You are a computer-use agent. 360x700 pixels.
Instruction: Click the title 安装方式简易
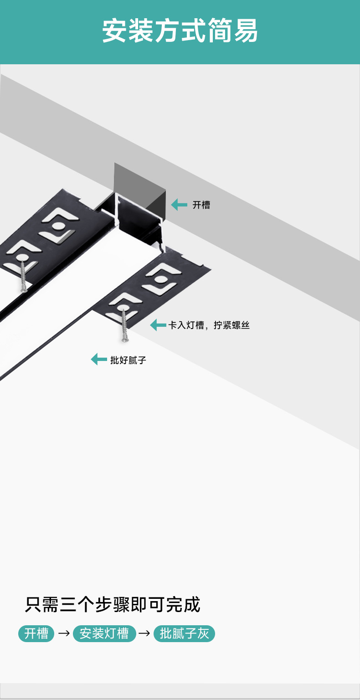click(180, 31)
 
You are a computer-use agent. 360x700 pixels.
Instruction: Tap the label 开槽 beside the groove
click(201, 205)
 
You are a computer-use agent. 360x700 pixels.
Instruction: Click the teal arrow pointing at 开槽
click(179, 205)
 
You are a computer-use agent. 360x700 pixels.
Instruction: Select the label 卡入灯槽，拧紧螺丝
click(209, 325)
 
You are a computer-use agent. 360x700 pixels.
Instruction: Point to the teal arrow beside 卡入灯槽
click(158, 325)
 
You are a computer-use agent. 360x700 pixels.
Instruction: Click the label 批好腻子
click(128, 360)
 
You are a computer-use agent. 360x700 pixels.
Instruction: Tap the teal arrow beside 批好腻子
click(99, 359)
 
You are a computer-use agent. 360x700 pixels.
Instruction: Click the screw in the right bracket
click(123, 325)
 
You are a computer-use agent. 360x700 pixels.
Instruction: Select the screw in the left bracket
click(23, 275)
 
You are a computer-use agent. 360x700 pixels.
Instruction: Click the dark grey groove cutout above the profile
click(139, 187)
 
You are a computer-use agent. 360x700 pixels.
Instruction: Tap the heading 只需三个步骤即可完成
click(113, 605)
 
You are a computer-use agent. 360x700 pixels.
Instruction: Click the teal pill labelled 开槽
click(36, 633)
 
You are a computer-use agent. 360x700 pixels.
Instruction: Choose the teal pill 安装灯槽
click(104, 633)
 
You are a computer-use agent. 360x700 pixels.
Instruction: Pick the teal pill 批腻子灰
click(184, 633)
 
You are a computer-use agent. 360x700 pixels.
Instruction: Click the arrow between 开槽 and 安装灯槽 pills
click(64, 633)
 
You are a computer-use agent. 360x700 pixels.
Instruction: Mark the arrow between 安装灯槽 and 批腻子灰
click(144, 633)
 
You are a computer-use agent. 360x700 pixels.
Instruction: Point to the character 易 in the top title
click(246, 31)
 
